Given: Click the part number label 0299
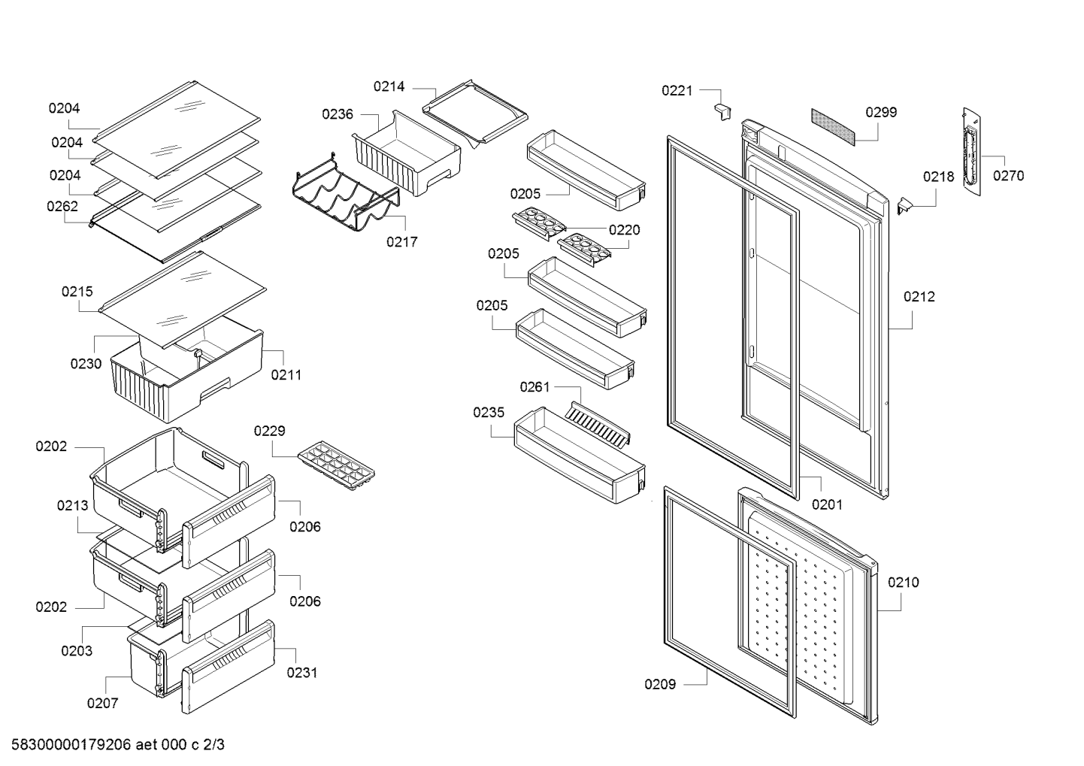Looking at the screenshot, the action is [x=881, y=112].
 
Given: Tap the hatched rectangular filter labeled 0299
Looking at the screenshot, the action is [x=833, y=126].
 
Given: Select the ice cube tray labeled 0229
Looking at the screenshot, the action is [x=336, y=466].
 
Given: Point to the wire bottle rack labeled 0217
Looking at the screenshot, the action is [x=346, y=193].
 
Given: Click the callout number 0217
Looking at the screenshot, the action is [x=402, y=241].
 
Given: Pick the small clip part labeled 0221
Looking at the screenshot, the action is [x=722, y=112].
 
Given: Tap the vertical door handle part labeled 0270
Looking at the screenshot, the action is [x=972, y=151].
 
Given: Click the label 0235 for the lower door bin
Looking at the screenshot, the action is [x=489, y=412].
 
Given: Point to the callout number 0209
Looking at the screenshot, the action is [x=660, y=684].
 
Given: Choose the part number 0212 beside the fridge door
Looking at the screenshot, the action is [x=919, y=297].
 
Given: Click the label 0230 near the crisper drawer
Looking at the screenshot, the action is [x=86, y=363].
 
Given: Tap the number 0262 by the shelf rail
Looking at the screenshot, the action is [x=62, y=206].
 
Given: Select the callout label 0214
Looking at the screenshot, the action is [x=389, y=86].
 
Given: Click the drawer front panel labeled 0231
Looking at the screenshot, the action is [x=228, y=667].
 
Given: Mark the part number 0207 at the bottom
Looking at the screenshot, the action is [x=102, y=703].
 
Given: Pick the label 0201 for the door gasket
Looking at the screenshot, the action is [x=828, y=504].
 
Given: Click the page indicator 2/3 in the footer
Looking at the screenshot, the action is [x=214, y=745].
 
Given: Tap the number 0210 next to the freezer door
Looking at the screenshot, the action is [x=904, y=582].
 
